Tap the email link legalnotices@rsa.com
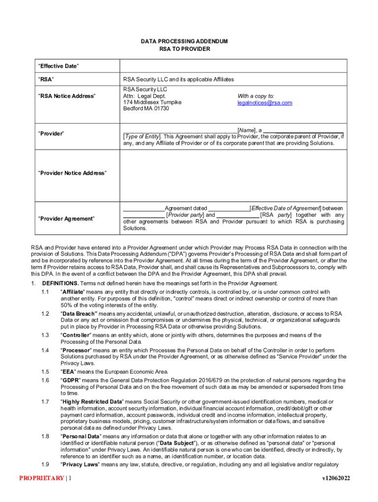click(265, 102)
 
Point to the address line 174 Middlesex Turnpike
click(152, 102)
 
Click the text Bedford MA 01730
click(146, 108)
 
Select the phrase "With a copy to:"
click(256, 96)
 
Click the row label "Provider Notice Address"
click(72, 173)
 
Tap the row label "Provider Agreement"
click(66, 218)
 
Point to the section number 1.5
click(45, 372)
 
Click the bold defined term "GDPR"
click(70, 380)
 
